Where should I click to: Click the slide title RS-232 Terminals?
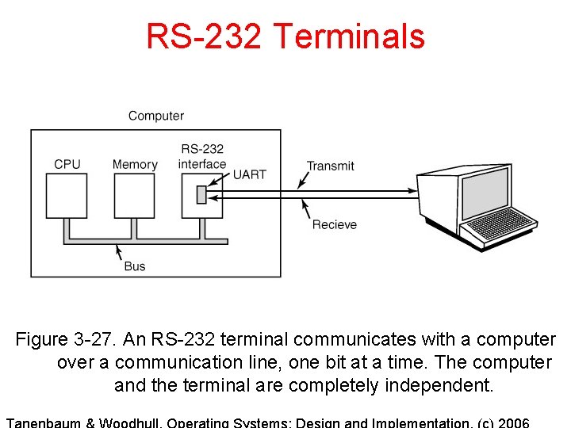pyautogui.click(x=285, y=36)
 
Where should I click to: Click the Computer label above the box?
pyautogui.click(x=156, y=116)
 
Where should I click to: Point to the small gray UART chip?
pyautogui.click(x=201, y=194)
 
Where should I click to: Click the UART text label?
pyautogui.click(x=250, y=174)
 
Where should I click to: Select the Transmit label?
pyautogui.click(x=331, y=166)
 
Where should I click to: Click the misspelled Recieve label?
pyautogui.click(x=335, y=224)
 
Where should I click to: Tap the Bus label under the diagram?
pyautogui.click(x=135, y=266)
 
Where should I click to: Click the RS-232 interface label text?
pyautogui.click(x=202, y=156)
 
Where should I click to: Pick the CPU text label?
pyautogui.click(x=67, y=164)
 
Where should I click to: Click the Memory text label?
pyautogui.click(x=135, y=164)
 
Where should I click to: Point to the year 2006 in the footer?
pyautogui.click(x=512, y=422)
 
